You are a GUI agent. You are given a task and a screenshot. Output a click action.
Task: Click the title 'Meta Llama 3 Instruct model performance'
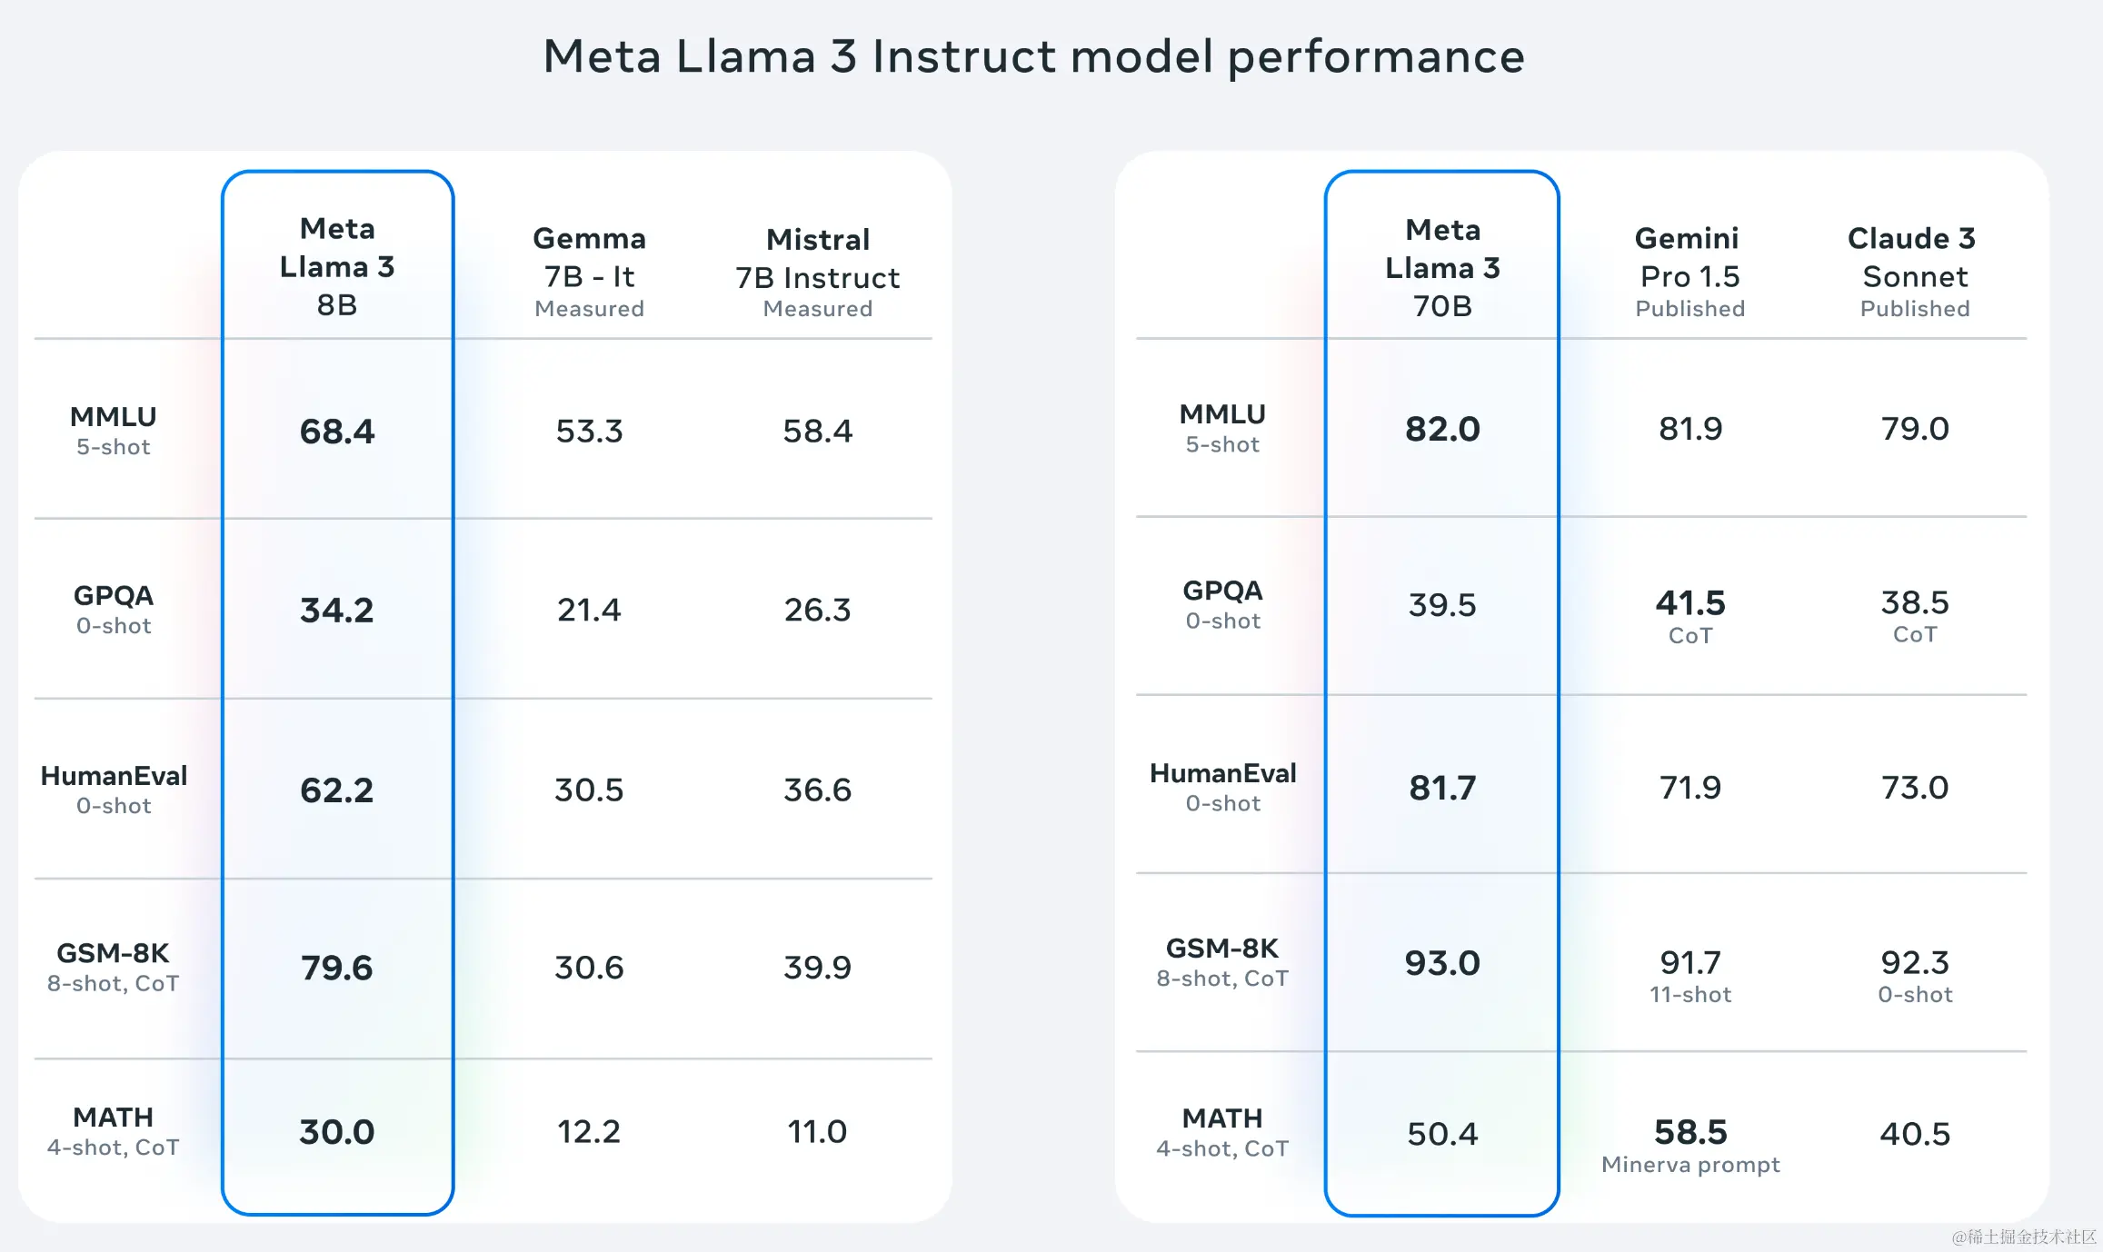(x=1033, y=56)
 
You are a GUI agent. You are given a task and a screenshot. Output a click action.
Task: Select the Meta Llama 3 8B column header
(x=337, y=266)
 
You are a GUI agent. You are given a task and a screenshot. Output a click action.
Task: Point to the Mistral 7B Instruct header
(x=818, y=272)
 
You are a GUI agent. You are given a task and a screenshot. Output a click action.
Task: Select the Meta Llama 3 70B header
(x=1442, y=268)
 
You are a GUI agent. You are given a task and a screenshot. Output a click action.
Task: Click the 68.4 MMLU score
(x=337, y=432)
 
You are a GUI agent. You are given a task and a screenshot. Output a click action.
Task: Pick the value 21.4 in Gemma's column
(x=589, y=610)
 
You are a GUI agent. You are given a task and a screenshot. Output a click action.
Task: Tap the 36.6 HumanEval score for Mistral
(x=818, y=790)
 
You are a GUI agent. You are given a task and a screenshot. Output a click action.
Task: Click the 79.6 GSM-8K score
(x=337, y=968)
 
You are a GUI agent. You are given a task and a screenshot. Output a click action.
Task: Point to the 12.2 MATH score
(x=589, y=1131)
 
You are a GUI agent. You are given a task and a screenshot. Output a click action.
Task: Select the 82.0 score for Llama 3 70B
(x=1442, y=429)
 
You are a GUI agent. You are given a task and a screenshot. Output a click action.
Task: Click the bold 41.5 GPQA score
(x=1689, y=603)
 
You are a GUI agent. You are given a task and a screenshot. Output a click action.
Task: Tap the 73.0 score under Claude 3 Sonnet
(x=1914, y=788)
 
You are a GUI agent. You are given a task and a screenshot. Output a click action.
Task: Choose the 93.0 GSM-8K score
(x=1442, y=963)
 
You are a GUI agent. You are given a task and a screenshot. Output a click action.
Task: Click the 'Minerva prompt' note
(x=1690, y=1165)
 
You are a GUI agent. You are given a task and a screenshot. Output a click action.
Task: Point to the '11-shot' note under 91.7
(x=1690, y=995)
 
